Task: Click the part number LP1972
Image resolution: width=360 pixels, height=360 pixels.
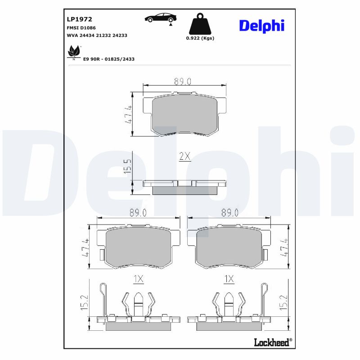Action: tap(79, 19)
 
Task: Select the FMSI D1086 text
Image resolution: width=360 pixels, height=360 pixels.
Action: tap(81, 27)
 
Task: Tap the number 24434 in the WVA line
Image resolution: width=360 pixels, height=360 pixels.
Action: tap(87, 35)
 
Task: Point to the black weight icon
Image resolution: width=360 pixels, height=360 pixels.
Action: tap(200, 24)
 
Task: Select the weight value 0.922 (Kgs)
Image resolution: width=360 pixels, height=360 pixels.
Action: tap(200, 38)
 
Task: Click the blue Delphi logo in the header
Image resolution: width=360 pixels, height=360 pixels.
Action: tap(261, 25)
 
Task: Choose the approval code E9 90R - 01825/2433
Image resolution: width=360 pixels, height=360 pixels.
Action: tap(108, 59)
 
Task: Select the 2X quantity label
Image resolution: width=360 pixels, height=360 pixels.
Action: tap(185, 156)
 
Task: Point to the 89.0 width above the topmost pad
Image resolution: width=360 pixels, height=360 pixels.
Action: tap(183, 81)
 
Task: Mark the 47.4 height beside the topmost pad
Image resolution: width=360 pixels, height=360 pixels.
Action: tap(128, 114)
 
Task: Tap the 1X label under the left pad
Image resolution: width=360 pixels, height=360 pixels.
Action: tap(138, 279)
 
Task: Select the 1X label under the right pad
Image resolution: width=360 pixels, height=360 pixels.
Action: tap(229, 279)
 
